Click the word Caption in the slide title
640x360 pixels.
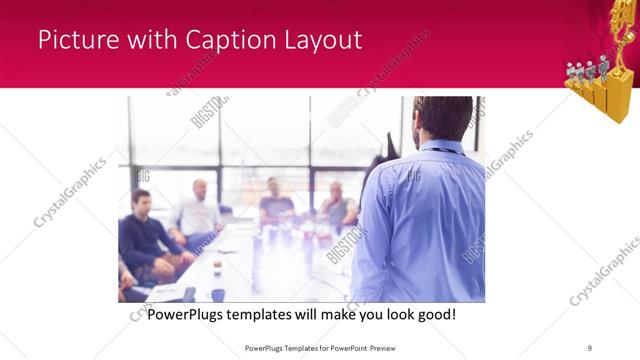click(x=229, y=40)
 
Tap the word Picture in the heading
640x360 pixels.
click(x=77, y=40)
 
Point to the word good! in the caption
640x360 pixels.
click(x=434, y=314)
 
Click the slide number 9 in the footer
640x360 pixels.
click(x=590, y=347)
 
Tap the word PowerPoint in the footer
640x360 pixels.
click(x=345, y=347)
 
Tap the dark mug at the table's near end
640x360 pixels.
click(x=217, y=295)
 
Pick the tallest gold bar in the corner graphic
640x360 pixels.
click(x=620, y=95)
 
